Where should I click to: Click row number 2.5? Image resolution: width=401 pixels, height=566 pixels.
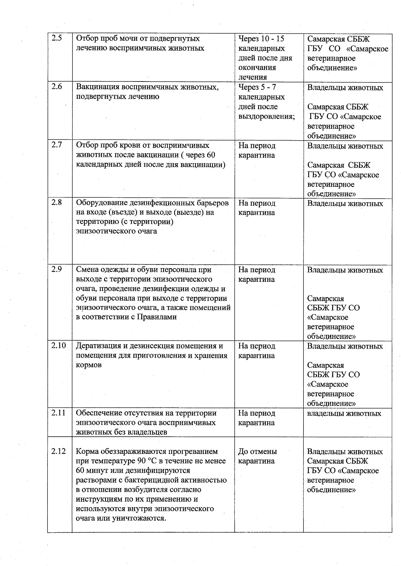click(57, 38)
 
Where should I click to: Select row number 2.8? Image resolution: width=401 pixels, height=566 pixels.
click(57, 202)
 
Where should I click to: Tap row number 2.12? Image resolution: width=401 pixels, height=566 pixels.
click(58, 451)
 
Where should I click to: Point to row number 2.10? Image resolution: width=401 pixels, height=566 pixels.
click(58, 346)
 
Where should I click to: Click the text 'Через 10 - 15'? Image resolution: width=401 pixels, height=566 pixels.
click(261, 39)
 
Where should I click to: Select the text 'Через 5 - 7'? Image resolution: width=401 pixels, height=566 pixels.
click(257, 87)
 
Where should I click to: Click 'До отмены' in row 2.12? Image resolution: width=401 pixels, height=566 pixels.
click(257, 451)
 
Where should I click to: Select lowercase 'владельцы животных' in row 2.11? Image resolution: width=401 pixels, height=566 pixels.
click(344, 413)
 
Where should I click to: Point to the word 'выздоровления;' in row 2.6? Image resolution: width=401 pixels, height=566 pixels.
click(266, 117)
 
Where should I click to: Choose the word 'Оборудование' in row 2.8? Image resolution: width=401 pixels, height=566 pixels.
click(100, 203)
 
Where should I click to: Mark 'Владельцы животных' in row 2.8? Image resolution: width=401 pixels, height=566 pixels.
click(345, 203)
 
